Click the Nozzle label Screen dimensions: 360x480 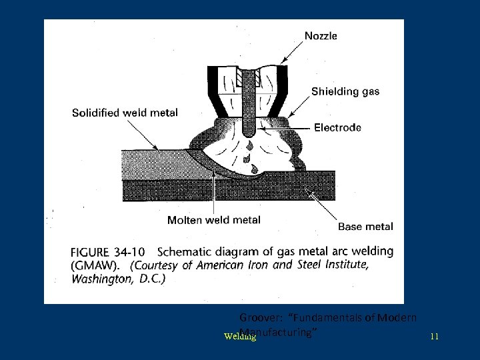pyautogui.click(x=321, y=36)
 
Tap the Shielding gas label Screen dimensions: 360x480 pyautogui.click(x=345, y=91)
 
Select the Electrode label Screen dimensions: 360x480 pyautogui.click(x=337, y=127)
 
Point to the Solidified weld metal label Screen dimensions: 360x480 pyautogui.click(x=125, y=113)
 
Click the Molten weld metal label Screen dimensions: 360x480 pyautogui.click(x=214, y=220)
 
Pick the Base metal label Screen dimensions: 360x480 pyautogui.click(x=365, y=227)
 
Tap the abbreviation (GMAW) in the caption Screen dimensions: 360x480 pyautogui.click(x=96, y=265)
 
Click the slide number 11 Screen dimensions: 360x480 pyautogui.click(x=434, y=337)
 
